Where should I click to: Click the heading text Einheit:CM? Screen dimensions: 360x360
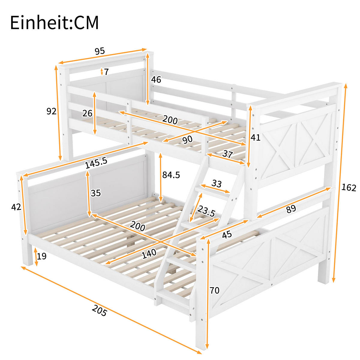tap(54, 23)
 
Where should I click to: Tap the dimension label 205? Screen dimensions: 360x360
tap(99, 310)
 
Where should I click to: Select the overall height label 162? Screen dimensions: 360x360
tap(349, 188)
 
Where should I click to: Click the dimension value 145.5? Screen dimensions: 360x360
tap(96, 163)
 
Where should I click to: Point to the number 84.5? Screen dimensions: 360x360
tap(171, 175)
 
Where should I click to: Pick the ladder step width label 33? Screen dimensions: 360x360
tap(217, 183)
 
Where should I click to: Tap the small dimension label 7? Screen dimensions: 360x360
tap(106, 72)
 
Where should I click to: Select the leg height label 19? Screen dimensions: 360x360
tap(42, 256)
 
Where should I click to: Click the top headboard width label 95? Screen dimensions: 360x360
tap(100, 51)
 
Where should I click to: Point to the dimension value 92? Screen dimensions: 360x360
tap(51, 111)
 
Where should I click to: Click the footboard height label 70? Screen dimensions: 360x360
tap(214, 290)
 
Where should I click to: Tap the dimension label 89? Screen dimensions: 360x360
tap(291, 209)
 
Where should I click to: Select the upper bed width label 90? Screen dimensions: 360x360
tap(187, 139)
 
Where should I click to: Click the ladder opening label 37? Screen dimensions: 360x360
tap(228, 154)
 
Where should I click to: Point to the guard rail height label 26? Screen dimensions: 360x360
tap(87, 113)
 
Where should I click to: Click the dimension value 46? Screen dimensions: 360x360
tap(156, 79)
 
